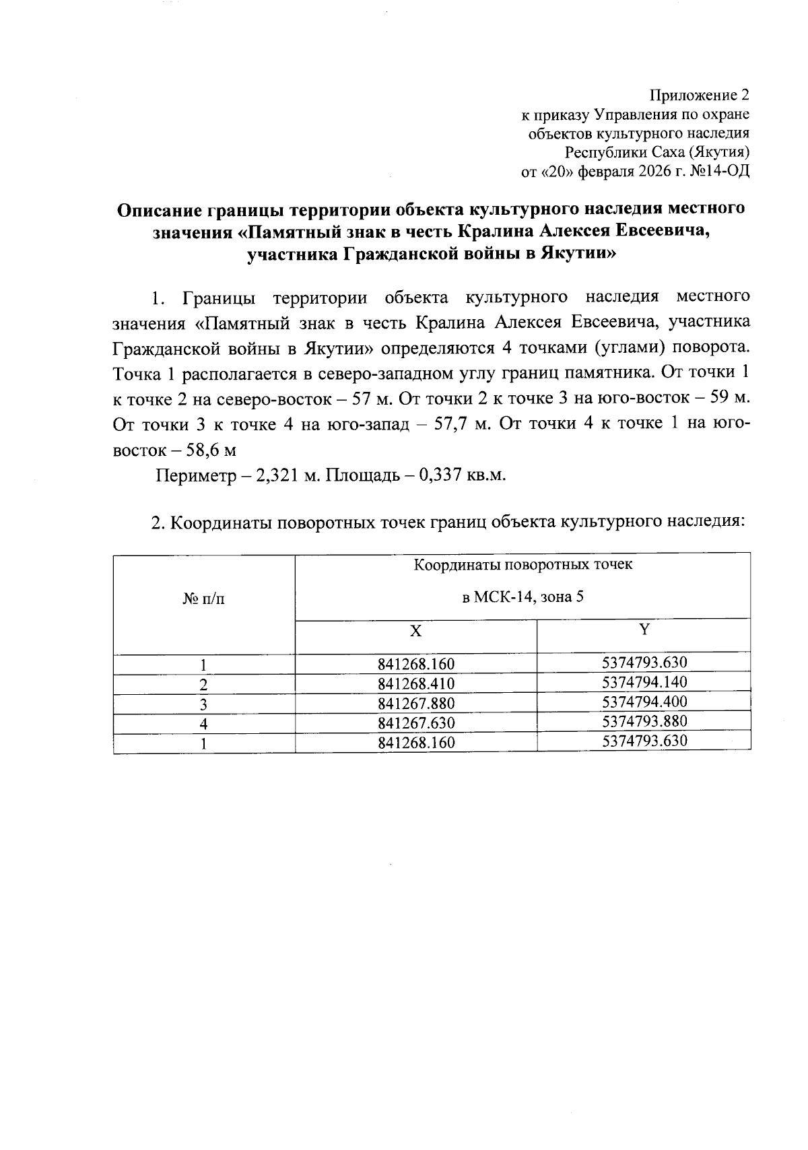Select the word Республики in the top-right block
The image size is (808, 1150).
pos(598,152)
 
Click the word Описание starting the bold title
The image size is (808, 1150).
pos(158,209)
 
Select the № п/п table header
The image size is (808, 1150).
pos(204,598)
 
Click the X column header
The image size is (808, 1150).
pos(417,632)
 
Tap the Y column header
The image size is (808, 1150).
pos(644,630)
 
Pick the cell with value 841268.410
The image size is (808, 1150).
pos(417,684)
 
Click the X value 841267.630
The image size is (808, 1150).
pos(417,723)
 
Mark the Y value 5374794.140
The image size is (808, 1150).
pos(644,682)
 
